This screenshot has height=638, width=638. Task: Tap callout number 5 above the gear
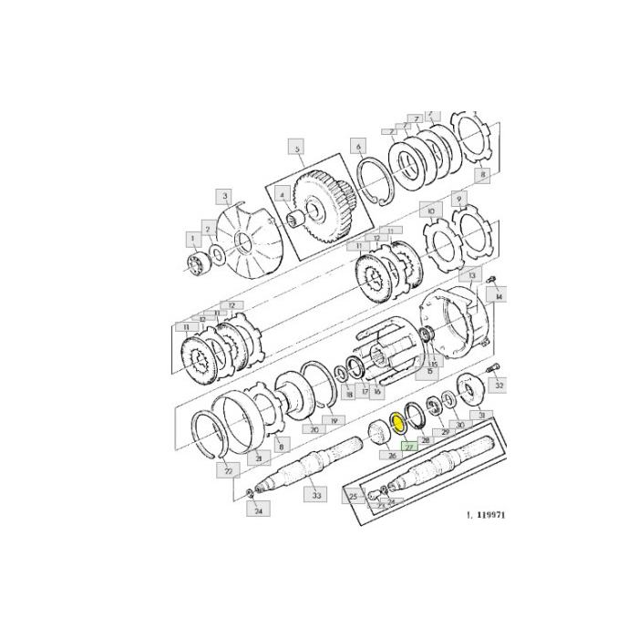[x=295, y=147]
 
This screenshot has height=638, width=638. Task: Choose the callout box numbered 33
[x=316, y=494]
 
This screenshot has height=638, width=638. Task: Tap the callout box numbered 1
[x=192, y=239]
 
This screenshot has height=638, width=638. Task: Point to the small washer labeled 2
[x=218, y=252]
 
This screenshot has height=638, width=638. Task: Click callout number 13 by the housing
[x=471, y=274]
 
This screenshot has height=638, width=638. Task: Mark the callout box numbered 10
[x=430, y=210]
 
